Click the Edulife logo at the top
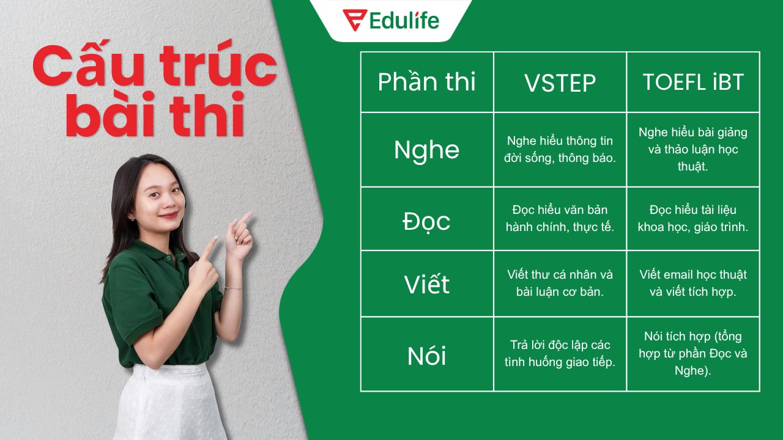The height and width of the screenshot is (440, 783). [391, 20]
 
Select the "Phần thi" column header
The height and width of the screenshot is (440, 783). [426, 82]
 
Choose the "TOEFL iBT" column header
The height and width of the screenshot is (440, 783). [693, 82]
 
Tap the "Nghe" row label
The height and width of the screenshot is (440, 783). [426, 150]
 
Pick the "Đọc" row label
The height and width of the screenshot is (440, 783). [426, 220]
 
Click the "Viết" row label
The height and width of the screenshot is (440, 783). [426, 284]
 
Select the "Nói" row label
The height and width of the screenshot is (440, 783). [426, 355]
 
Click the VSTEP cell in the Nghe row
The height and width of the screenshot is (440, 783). [560, 150]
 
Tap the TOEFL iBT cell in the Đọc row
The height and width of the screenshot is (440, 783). [693, 219]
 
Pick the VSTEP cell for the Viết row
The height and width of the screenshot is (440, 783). [560, 284]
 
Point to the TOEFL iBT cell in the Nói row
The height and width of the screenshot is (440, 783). [693, 353]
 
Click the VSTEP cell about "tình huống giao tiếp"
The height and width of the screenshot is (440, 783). [560, 354]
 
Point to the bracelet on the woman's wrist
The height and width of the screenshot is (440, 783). [232, 288]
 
